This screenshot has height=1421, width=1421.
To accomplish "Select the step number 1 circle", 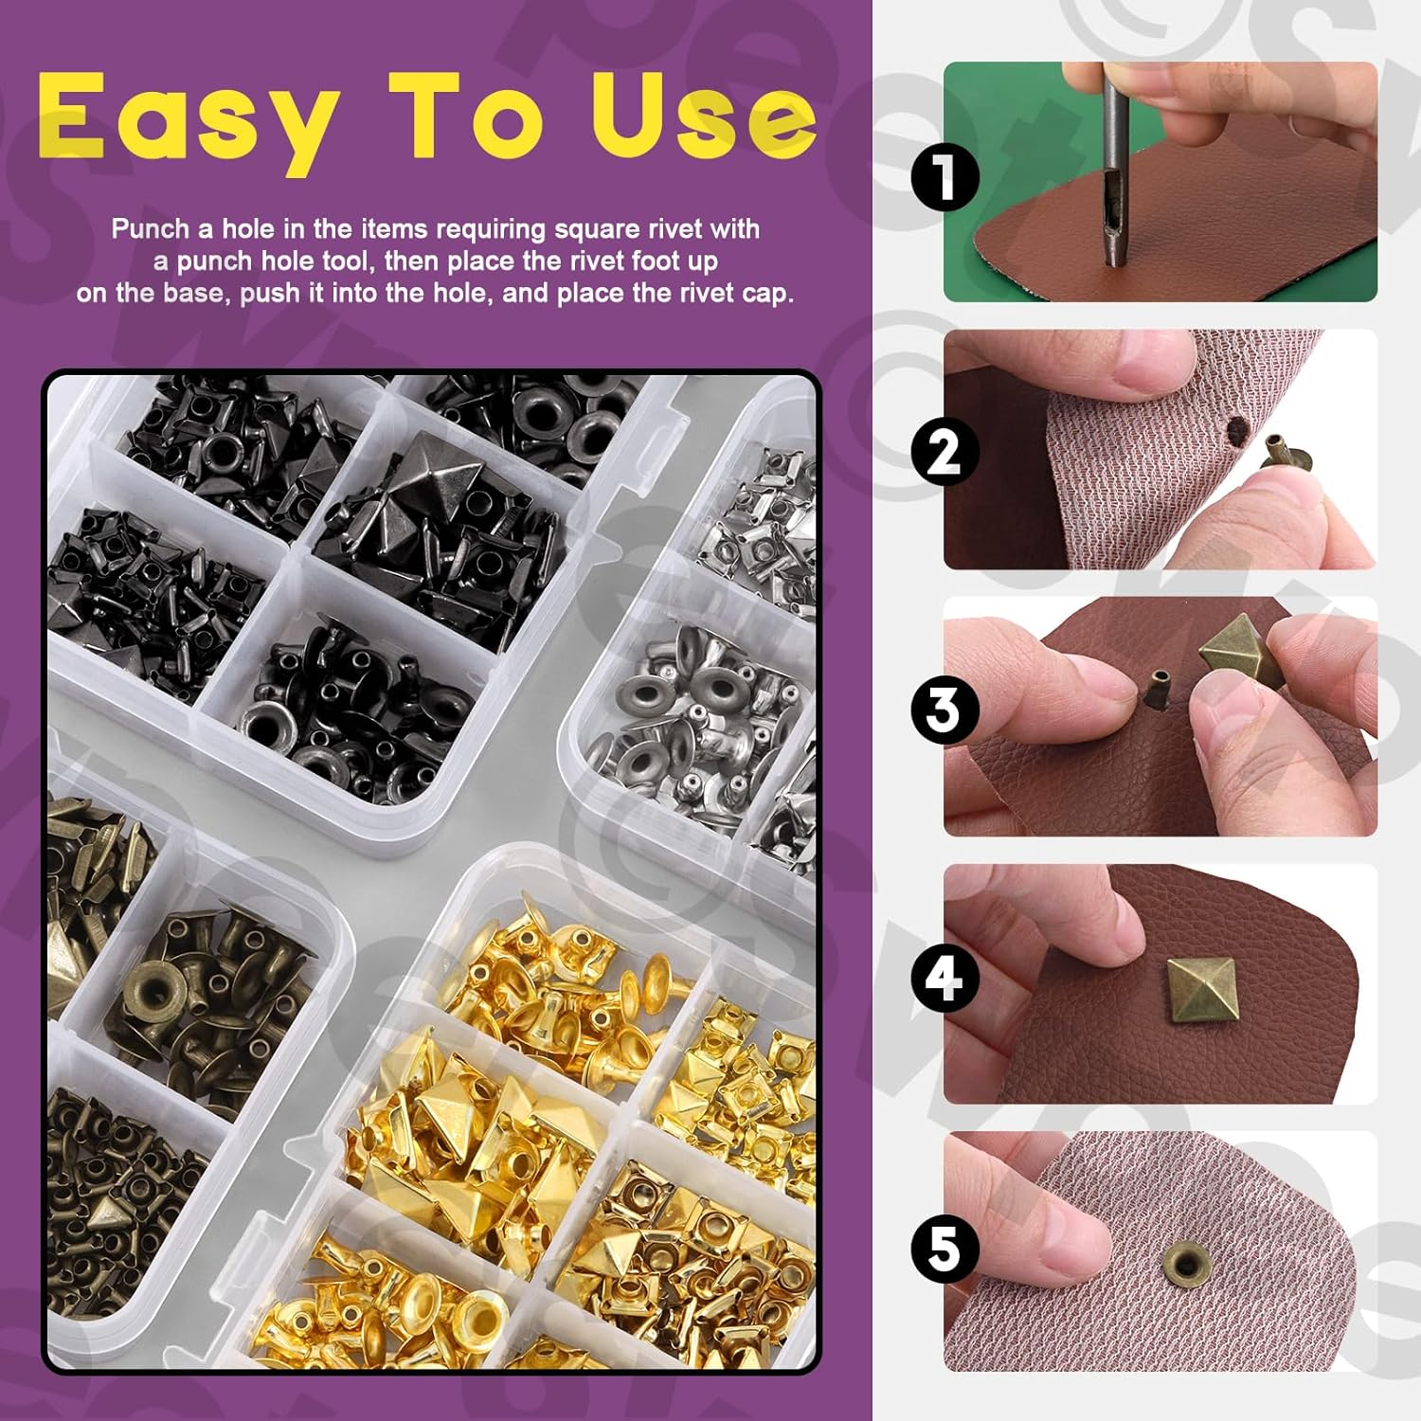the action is point(944,177).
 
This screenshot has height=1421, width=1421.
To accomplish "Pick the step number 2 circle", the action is point(944,452).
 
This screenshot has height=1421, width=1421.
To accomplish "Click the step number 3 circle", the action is point(944,710).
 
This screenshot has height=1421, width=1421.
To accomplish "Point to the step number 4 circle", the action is point(944,978).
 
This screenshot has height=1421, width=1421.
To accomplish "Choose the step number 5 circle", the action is point(944,1249).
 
